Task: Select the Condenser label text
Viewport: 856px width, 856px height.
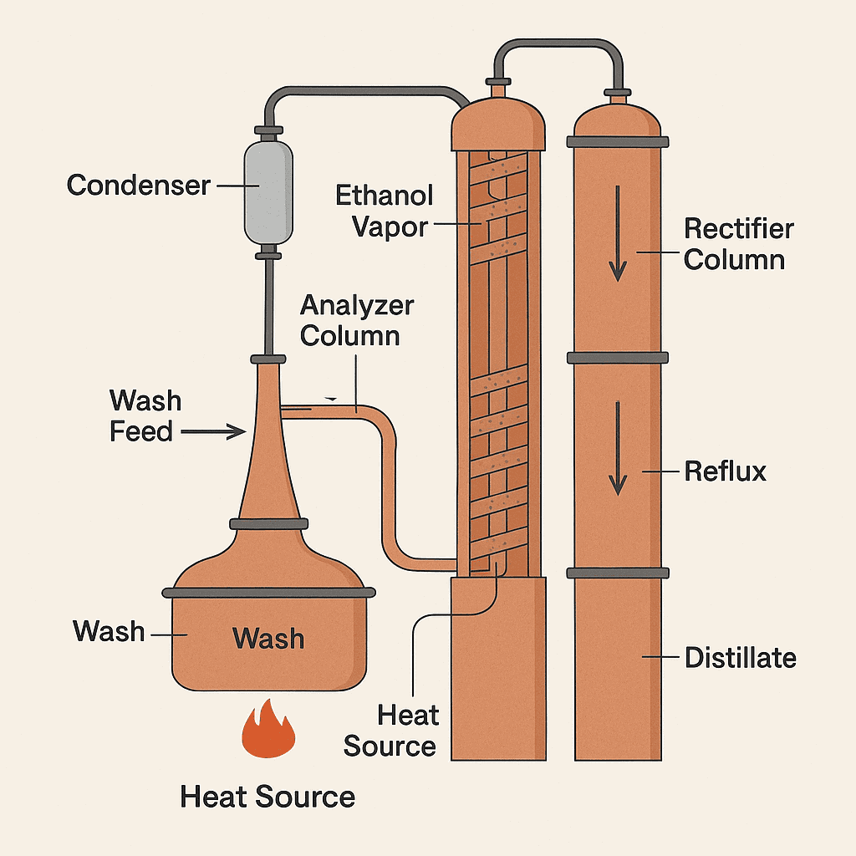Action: pos(138,185)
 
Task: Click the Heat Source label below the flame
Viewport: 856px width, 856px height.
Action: pos(267,797)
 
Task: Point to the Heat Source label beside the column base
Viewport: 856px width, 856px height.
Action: pos(390,731)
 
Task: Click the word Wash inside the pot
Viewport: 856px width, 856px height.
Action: pos(268,639)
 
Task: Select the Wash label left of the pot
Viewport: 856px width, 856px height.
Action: pos(108,631)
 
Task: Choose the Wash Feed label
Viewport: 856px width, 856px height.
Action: pos(145,416)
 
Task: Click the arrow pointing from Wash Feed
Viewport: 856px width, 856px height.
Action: pos(213,431)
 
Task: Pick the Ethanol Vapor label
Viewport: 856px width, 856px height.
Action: pos(385,211)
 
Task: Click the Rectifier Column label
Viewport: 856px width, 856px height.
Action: pos(734,243)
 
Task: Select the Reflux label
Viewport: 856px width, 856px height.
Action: pos(725,471)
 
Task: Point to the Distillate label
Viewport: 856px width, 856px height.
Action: pos(740,658)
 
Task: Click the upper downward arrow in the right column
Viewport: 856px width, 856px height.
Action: pos(617,233)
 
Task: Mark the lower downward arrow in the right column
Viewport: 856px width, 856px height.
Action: pos(617,448)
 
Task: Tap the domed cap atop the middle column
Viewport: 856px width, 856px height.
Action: pos(498,123)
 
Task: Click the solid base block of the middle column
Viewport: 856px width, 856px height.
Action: pos(497,669)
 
